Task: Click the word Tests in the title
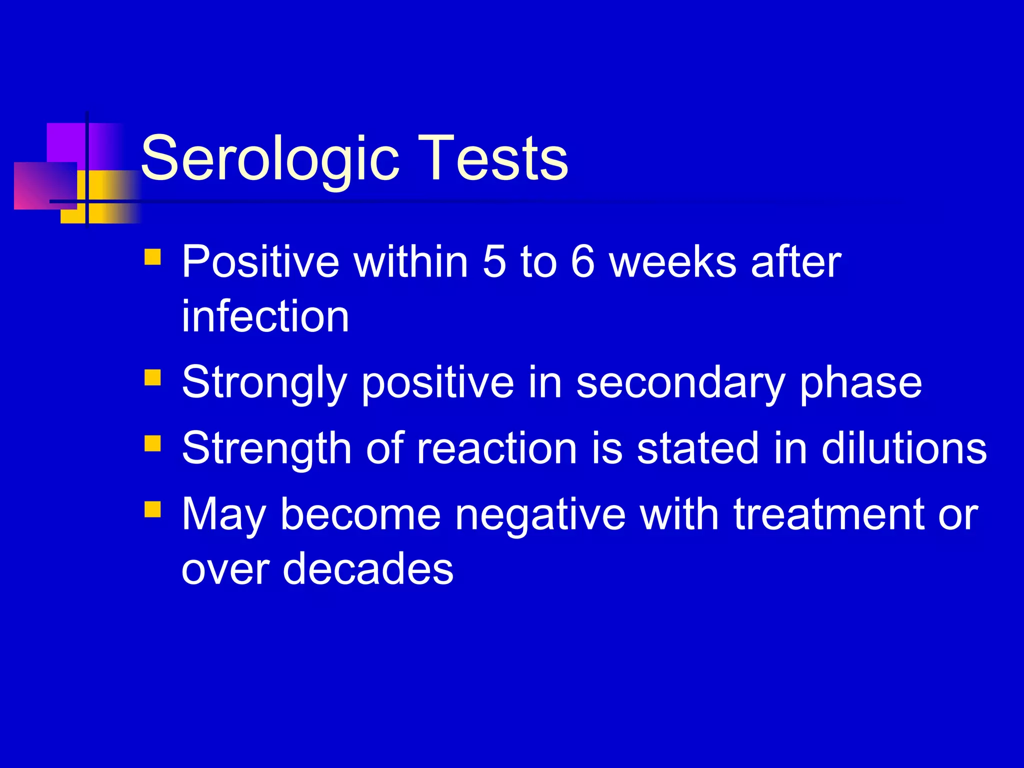(492, 159)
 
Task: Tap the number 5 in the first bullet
(494, 261)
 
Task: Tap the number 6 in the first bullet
(582, 261)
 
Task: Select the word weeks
(672, 261)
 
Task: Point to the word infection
(265, 316)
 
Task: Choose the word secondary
(680, 383)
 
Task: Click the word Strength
(267, 448)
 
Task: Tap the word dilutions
(904, 448)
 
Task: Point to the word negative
(540, 515)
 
